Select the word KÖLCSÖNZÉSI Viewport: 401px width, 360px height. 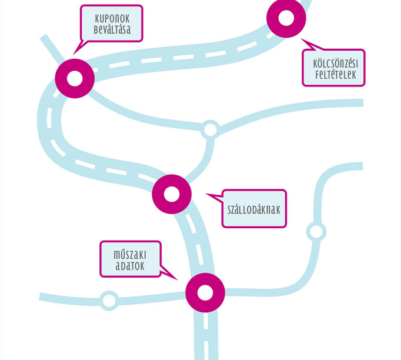[x=333, y=63]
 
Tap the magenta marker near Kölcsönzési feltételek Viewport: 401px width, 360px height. [x=286, y=18]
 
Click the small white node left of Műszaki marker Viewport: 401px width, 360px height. [x=109, y=301]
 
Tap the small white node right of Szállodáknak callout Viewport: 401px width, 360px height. [x=316, y=231]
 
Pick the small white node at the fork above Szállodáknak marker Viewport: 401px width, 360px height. [x=209, y=129]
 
